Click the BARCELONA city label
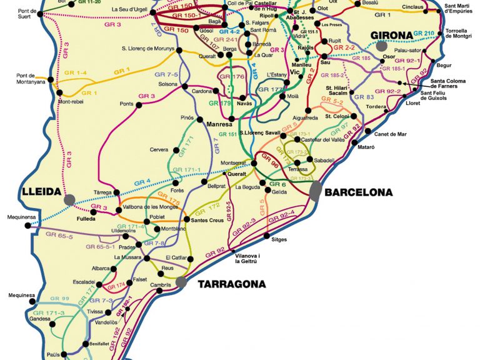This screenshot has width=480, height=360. coord(359,192)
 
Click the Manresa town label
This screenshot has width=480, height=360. coord(219,125)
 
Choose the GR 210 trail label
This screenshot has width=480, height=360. coord(424,33)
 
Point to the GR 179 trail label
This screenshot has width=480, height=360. coord(220,103)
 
